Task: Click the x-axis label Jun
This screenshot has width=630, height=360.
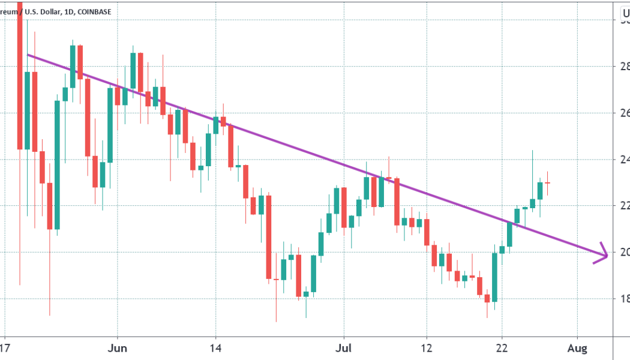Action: [118, 348]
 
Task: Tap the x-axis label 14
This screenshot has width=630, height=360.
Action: [216, 348]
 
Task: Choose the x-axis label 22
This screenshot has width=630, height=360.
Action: [502, 348]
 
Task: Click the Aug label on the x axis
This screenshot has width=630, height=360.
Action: [577, 348]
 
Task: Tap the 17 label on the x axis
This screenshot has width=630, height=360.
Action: [5, 348]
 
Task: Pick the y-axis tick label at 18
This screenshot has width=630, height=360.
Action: [624, 298]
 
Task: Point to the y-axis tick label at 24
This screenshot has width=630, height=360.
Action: [624, 159]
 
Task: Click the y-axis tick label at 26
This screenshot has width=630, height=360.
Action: [624, 112]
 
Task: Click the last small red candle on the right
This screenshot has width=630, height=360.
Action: [548, 183]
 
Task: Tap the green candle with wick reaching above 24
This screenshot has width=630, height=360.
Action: [532, 203]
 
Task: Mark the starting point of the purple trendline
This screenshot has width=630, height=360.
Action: [28, 55]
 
